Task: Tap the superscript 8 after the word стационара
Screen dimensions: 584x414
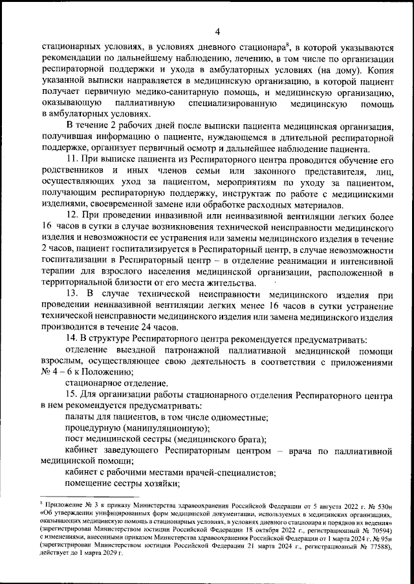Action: click(x=287, y=43)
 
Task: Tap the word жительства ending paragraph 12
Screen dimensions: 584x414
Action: click(x=246, y=283)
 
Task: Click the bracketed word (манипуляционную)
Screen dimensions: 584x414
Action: click(x=171, y=429)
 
